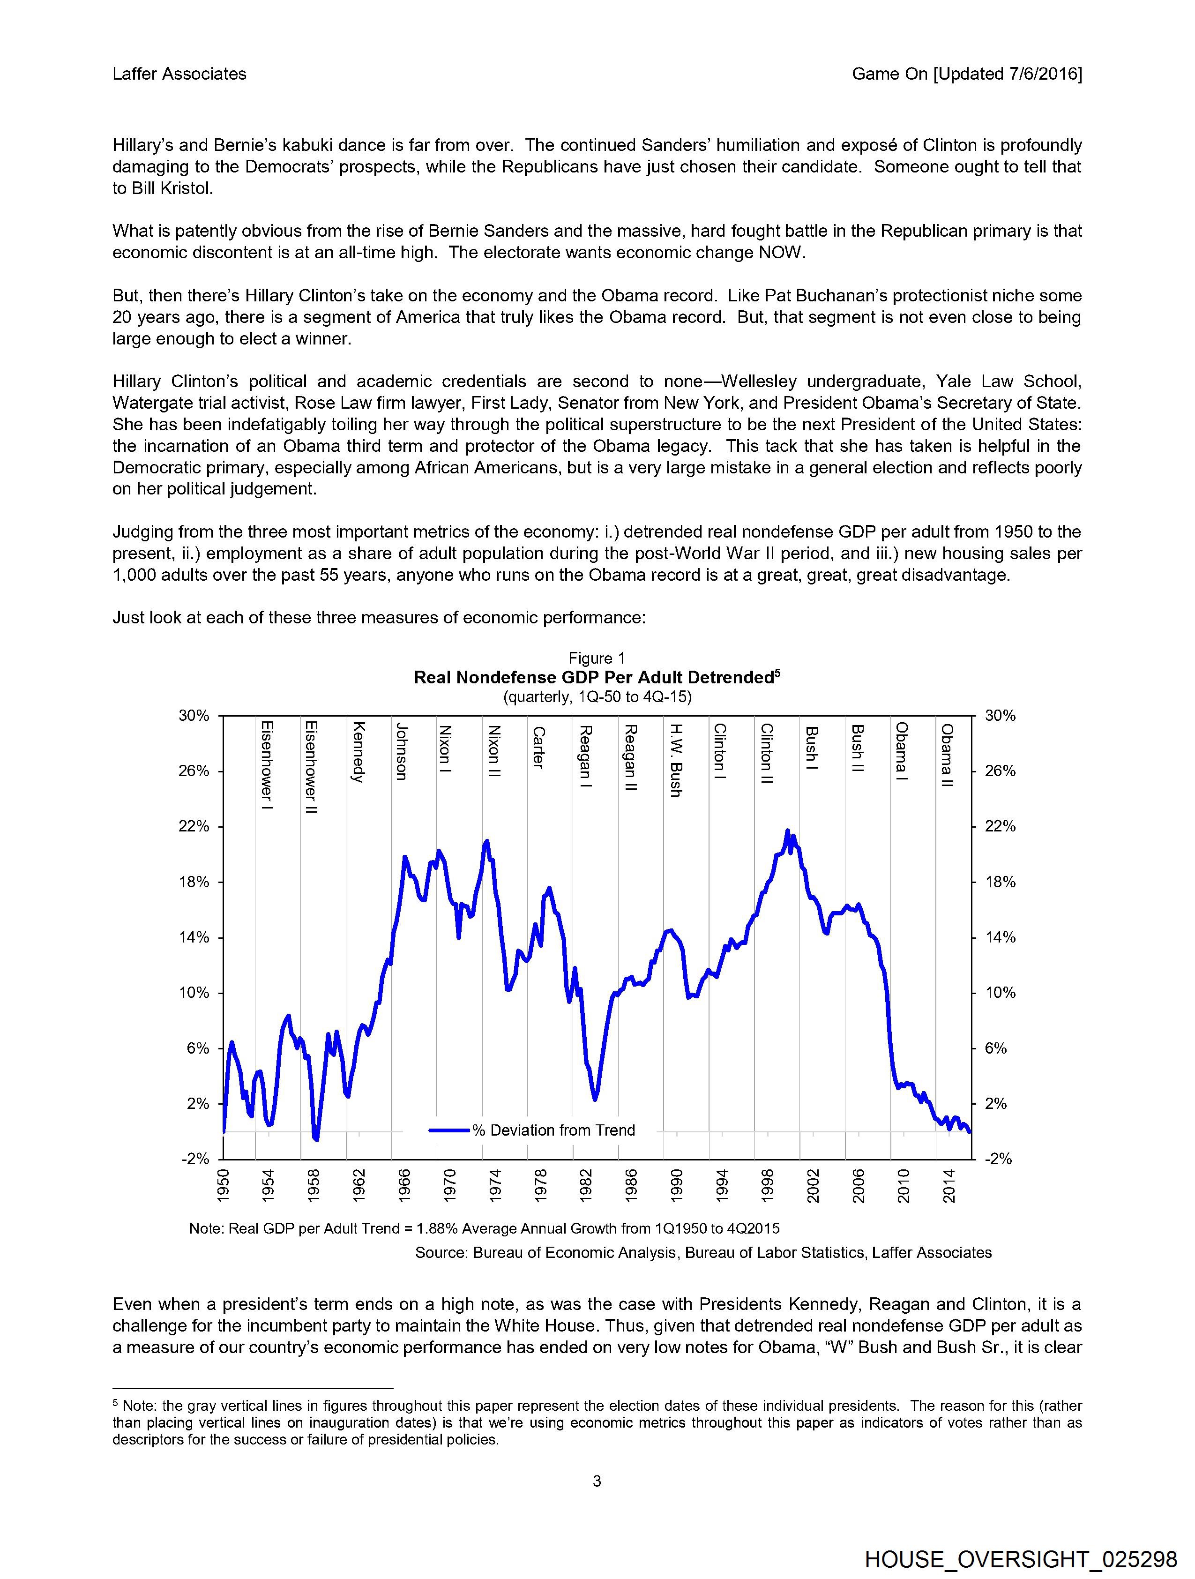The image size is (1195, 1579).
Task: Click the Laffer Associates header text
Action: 179,74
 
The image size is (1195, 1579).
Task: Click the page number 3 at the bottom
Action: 597,1481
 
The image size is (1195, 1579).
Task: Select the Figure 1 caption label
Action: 597,658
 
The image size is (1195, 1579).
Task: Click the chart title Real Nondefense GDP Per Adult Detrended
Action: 597,677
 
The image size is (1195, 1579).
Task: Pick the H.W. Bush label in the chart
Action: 675,760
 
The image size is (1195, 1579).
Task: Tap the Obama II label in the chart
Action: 947,755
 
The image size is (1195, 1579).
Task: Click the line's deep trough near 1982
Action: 595,1100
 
